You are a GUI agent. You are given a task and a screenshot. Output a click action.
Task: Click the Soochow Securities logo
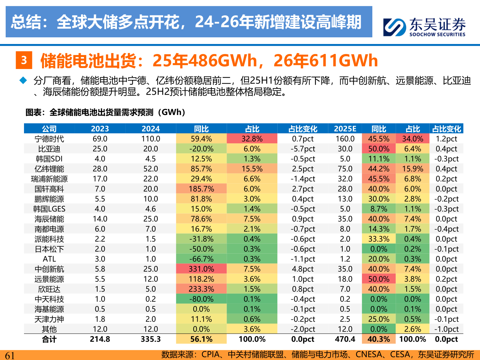424,27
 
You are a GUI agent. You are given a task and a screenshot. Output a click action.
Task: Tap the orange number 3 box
24,60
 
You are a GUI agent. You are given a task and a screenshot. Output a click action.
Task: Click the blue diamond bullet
23,80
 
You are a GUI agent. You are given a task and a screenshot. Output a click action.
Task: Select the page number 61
10,355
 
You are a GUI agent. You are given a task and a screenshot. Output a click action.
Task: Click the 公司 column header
49,129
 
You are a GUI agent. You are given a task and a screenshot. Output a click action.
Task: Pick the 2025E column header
345,129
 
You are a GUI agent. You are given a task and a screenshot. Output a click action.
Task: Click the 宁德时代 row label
49,139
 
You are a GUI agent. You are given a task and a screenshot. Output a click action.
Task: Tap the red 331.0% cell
201,269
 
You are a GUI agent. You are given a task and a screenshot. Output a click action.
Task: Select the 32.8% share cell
252,139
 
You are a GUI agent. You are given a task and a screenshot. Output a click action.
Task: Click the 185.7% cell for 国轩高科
201,189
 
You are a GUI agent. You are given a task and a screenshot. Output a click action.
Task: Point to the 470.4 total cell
345,339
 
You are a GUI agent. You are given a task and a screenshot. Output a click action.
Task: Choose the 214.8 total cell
100,339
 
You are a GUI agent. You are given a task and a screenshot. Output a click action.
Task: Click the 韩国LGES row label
49,209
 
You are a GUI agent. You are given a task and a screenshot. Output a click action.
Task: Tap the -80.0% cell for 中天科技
201,299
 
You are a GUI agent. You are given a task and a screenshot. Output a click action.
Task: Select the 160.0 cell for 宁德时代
345,139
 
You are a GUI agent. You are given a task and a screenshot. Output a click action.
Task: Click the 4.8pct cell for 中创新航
303,269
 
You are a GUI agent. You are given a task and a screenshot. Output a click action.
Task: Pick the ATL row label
49,259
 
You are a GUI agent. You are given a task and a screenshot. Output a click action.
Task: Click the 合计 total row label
49,339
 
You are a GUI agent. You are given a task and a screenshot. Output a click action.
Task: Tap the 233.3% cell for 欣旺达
201,289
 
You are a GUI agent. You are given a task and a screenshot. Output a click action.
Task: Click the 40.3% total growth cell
379,339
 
